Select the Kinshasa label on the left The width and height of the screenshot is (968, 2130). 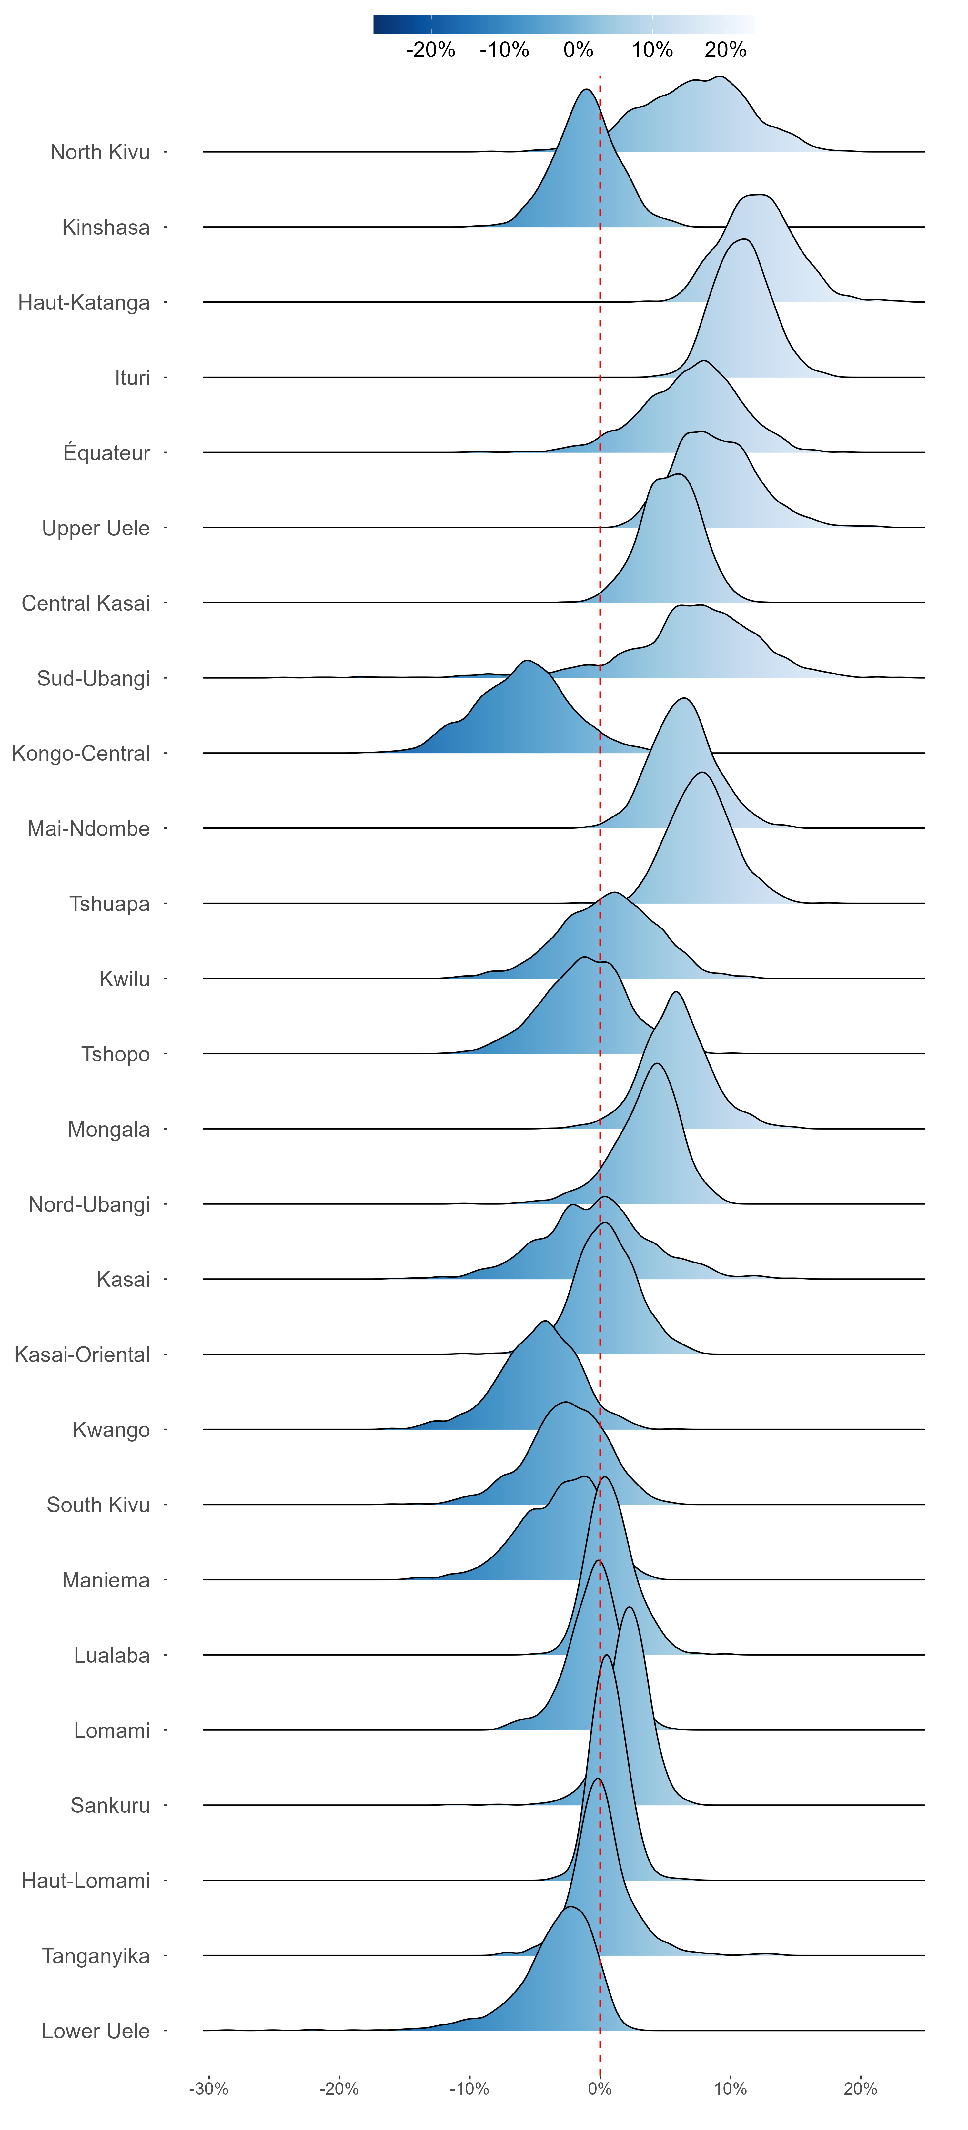point(106,228)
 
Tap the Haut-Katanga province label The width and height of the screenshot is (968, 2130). point(84,303)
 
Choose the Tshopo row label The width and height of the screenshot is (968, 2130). point(116,1054)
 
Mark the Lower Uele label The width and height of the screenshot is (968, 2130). point(96,2031)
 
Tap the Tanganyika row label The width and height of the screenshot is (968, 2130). point(96,1955)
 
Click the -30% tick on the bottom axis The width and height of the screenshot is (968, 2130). point(208,2089)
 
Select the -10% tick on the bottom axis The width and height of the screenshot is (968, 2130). point(469,2089)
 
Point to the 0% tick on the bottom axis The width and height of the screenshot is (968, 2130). point(600,2089)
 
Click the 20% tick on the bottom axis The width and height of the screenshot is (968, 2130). point(861,2089)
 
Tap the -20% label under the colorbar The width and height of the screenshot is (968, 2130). point(431,50)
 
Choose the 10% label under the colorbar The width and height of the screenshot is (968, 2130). point(652,50)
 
